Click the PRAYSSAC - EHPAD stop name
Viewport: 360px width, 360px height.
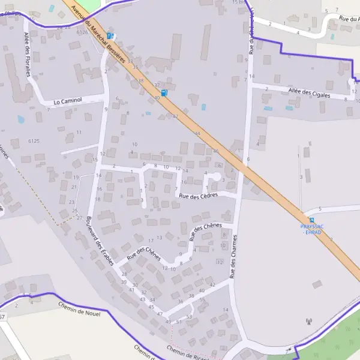tap(311, 229)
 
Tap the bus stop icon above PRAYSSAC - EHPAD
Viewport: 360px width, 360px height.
tap(311, 220)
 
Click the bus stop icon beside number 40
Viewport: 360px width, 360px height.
tap(164, 92)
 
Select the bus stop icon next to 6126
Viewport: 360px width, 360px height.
tap(111, 35)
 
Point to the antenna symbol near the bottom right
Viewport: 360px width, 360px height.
tap(310, 321)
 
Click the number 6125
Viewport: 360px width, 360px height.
tap(34, 141)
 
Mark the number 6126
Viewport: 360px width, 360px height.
tap(82, 32)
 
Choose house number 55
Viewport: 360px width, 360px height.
tap(202, 299)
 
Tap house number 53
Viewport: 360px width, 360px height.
tap(189, 316)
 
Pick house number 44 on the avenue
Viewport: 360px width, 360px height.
tap(197, 133)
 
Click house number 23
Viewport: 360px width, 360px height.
tap(72, 202)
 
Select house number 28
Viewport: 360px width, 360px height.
tap(124, 274)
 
